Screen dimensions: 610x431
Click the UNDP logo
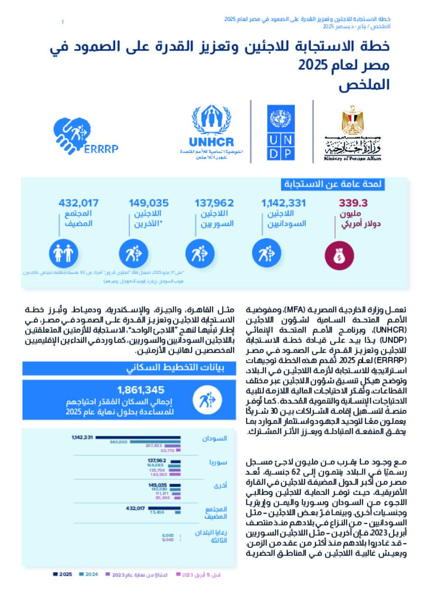pos(281,133)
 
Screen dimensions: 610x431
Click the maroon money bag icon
pos(339,256)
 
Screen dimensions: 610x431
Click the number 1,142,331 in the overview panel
pos(283,203)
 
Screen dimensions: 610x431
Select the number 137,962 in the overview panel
pos(214,203)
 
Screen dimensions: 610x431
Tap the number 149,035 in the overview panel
pos(149,203)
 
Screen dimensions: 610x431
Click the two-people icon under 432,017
pos(64,253)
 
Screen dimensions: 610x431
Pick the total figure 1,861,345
pos(141,390)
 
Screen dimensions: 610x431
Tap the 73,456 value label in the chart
pos(157,512)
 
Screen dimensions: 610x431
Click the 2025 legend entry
pos(63,574)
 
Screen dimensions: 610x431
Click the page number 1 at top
pos(62,21)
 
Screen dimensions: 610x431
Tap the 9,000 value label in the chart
pos(168,540)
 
